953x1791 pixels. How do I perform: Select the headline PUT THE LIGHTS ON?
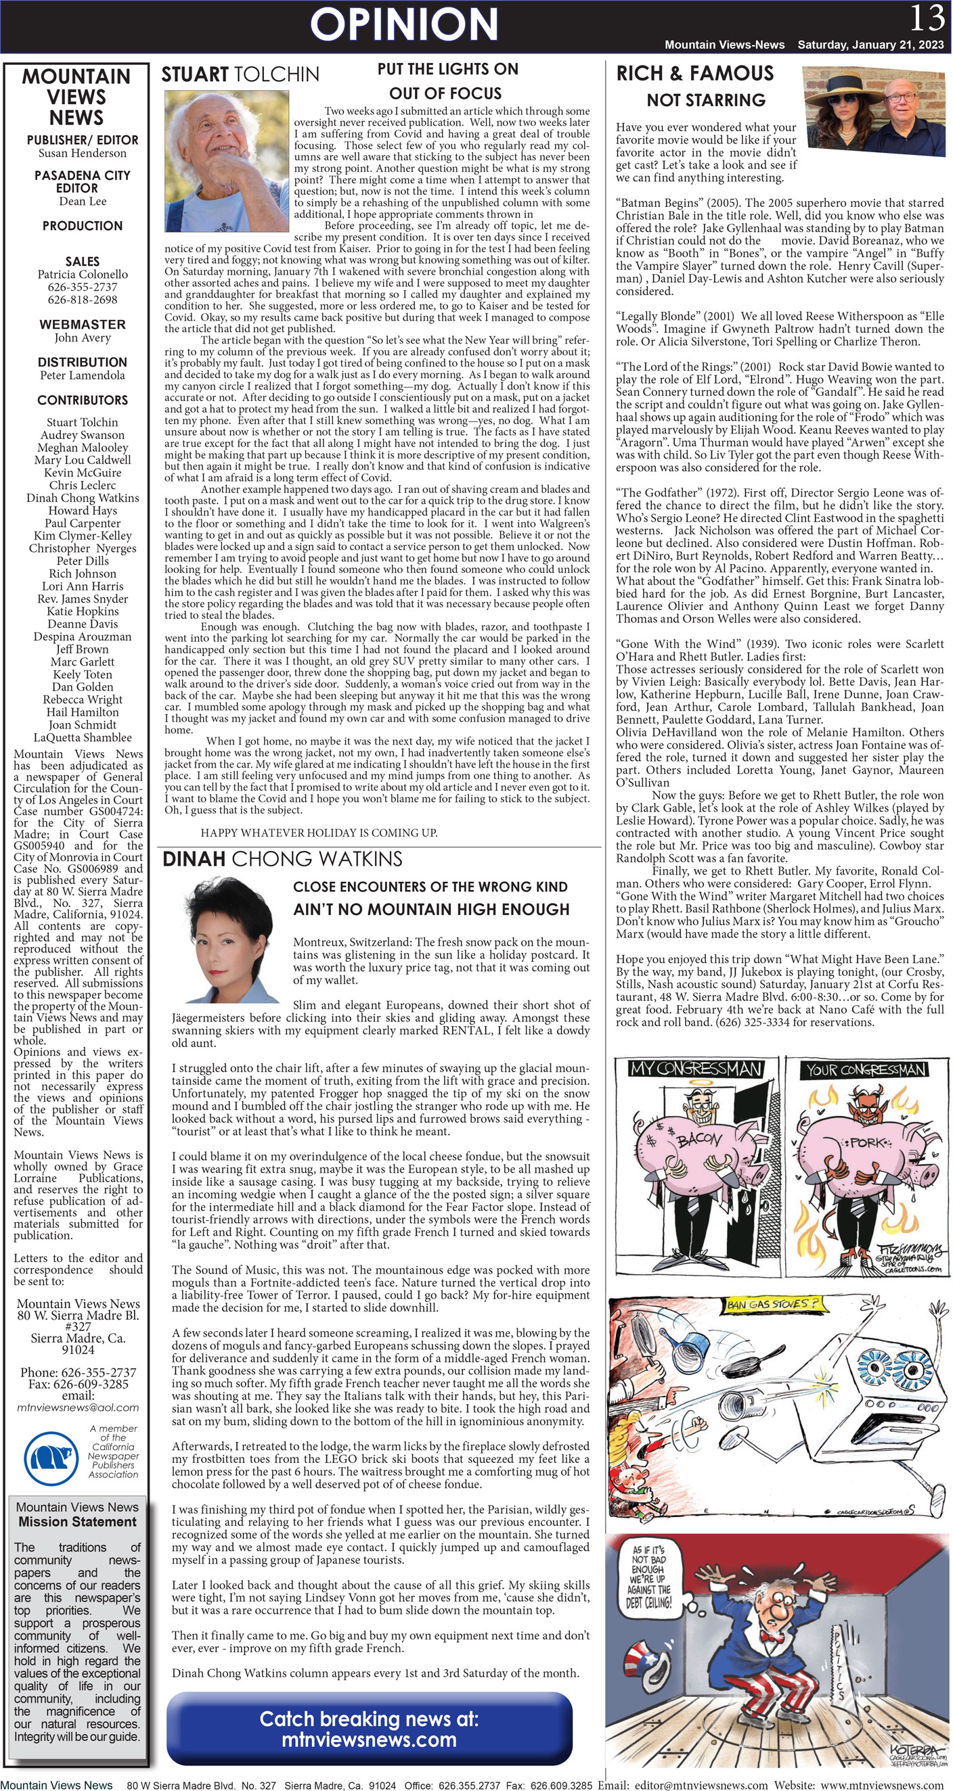tap(447, 69)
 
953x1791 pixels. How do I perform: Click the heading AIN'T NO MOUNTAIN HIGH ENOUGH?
tap(430, 909)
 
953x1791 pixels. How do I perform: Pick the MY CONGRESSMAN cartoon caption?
tap(695, 1069)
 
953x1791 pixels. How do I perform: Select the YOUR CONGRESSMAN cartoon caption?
tap(866, 1069)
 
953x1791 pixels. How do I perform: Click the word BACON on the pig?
tap(699, 1139)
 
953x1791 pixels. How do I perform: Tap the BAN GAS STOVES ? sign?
tap(772, 1304)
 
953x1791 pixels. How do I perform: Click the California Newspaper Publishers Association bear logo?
tap(51, 1458)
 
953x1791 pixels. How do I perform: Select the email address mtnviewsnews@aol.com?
tap(78, 1408)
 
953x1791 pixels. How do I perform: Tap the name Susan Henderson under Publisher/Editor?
tap(82, 153)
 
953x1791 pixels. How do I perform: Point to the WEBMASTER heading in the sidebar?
tap(82, 324)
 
